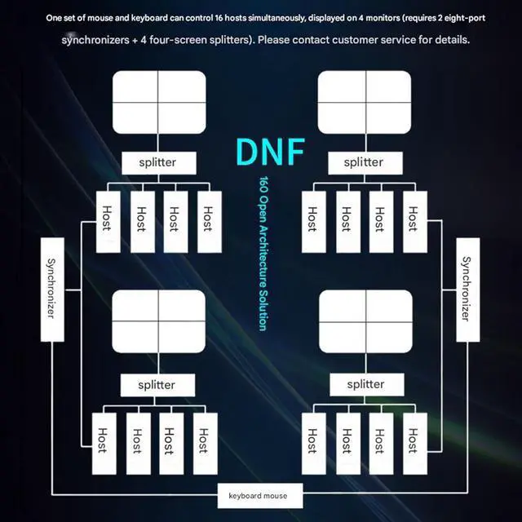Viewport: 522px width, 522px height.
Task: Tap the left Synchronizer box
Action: click(x=51, y=289)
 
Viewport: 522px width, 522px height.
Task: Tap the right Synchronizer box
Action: click(x=467, y=289)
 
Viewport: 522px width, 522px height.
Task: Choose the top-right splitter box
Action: click(x=363, y=161)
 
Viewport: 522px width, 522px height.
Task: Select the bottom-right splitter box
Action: click(x=365, y=383)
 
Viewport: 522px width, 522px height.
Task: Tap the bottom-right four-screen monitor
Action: click(x=365, y=321)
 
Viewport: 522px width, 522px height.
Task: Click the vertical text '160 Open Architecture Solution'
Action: click(x=263, y=253)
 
